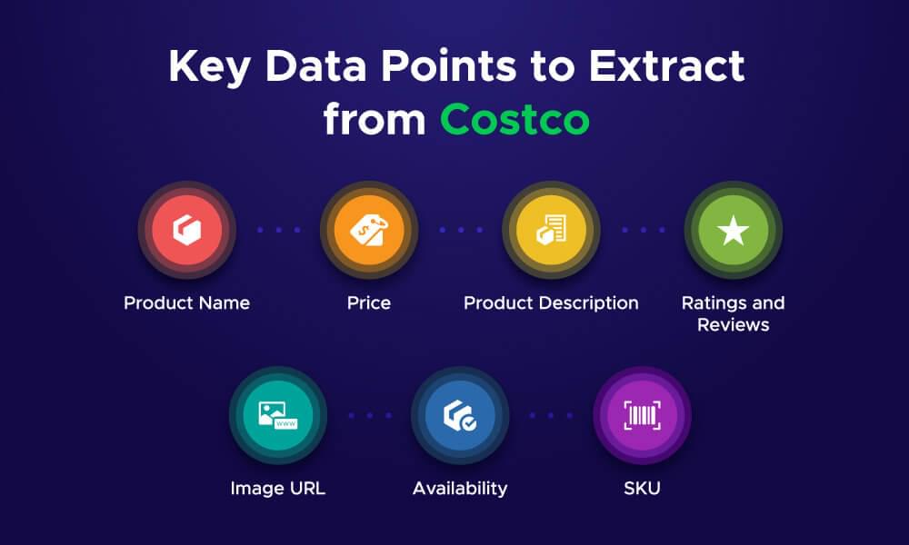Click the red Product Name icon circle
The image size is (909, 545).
click(186, 231)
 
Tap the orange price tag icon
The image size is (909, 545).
click(368, 231)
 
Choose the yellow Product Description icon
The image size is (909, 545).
click(551, 231)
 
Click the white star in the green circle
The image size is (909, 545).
click(733, 231)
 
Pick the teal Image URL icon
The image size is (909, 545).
click(277, 415)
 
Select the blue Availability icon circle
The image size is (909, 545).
click(460, 415)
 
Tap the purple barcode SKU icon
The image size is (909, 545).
click(642, 415)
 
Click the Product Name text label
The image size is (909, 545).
click(186, 302)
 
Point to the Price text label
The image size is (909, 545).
click(368, 302)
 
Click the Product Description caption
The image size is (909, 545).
click(551, 302)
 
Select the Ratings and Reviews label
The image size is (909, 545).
click(733, 313)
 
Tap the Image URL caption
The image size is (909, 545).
click(277, 489)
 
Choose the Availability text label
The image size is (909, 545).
click(460, 489)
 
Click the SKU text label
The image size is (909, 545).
click(642, 489)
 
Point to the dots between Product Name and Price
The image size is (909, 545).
click(278, 231)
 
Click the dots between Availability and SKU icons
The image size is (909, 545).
click(551, 415)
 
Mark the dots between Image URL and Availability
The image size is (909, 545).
click(369, 415)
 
